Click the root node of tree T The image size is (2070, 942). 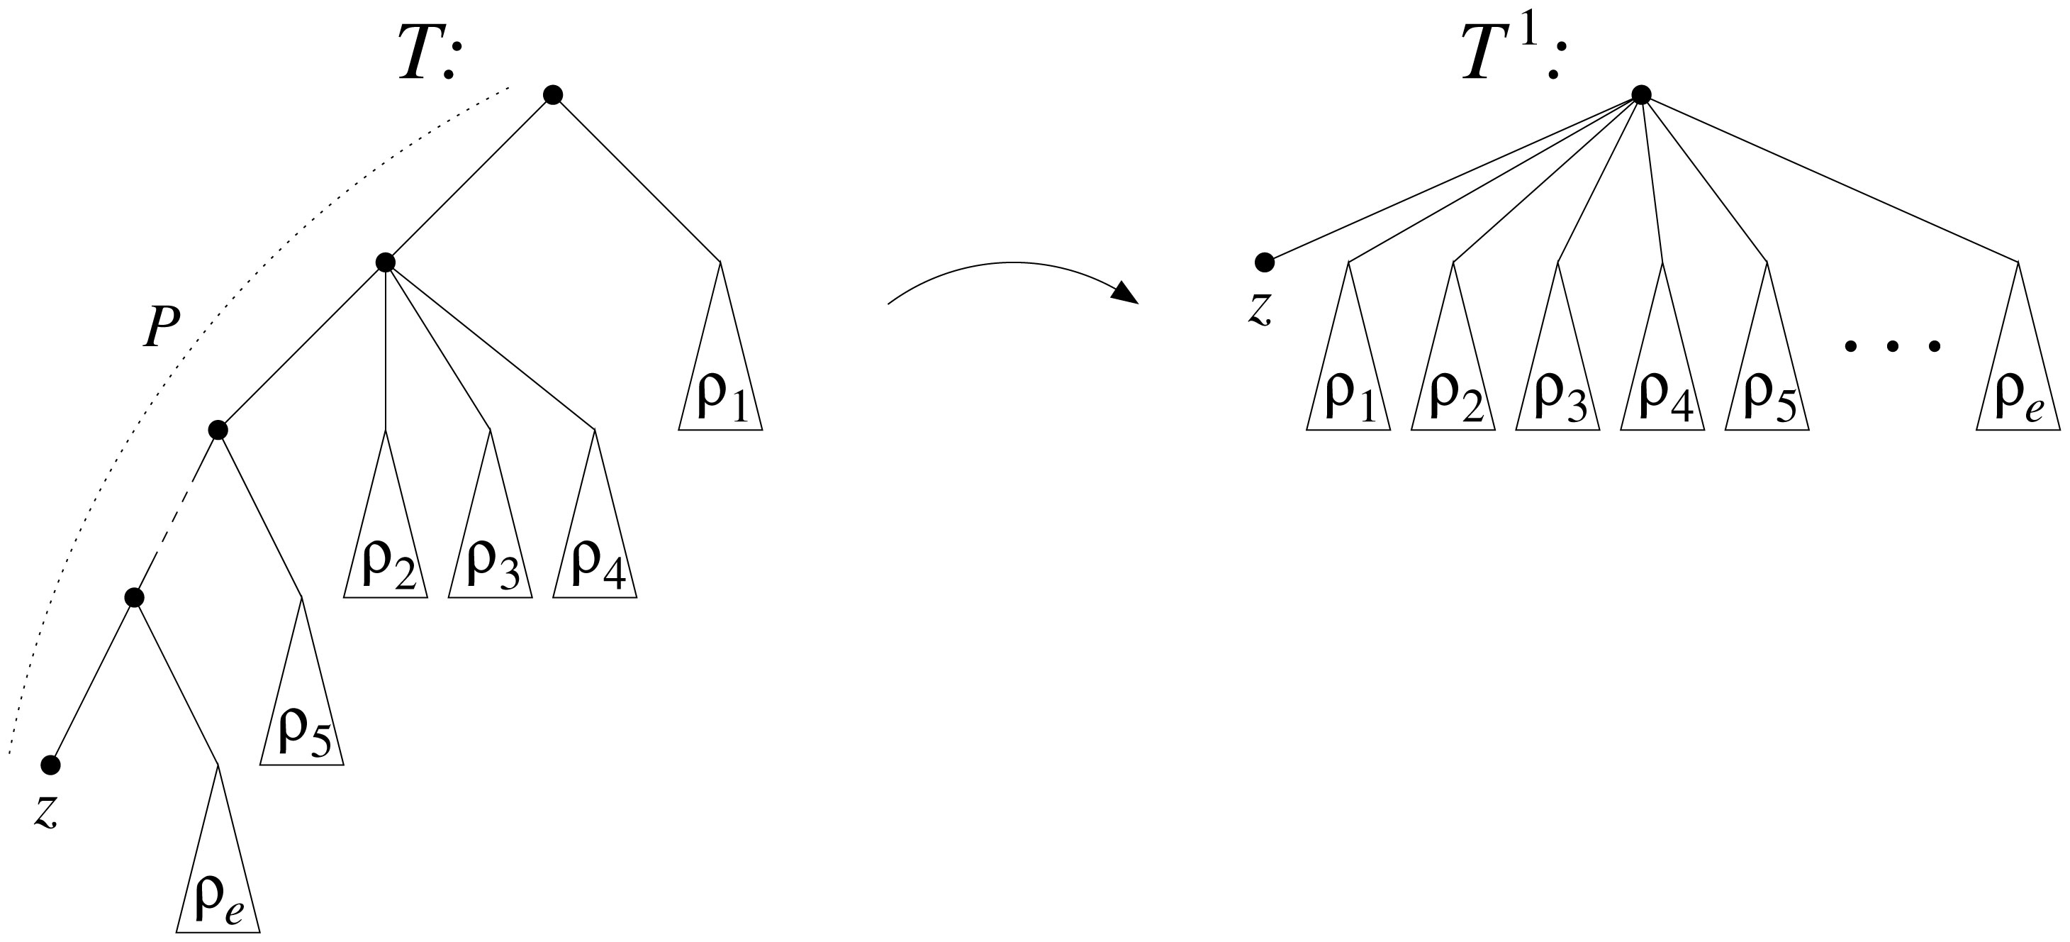point(552,95)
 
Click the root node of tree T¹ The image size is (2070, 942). point(1642,95)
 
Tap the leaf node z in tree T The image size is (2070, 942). point(50,765)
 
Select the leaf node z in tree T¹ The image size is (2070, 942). point(1265,262)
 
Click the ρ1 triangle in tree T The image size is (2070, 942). point(720,386)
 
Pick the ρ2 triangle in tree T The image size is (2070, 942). point(386,555)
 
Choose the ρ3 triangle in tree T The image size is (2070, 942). point(490,555)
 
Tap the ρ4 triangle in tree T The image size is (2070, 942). point(595,555)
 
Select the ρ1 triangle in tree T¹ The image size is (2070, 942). point(1348,386)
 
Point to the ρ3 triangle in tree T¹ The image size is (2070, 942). point(1557,386)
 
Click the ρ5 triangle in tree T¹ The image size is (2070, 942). point(1767,386)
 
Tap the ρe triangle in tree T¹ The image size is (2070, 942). point(2018,386)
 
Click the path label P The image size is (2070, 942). point(161,328)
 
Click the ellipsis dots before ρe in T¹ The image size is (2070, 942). point(1892,346)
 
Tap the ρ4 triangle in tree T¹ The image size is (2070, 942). point(1662,386)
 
